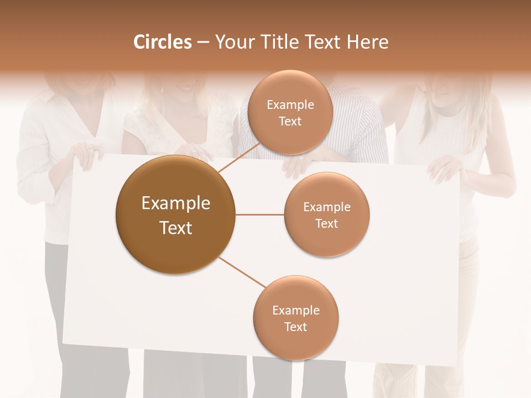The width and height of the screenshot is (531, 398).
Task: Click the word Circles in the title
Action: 162,42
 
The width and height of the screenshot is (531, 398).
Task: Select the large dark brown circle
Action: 175,214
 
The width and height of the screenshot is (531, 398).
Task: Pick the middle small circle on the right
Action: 326,214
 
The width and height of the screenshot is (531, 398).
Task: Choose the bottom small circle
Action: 295,318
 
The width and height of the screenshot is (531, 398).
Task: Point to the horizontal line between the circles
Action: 259,214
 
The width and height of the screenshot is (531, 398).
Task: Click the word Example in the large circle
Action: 175,203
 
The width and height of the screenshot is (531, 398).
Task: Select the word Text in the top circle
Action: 290,122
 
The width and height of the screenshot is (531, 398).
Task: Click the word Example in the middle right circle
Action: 326,207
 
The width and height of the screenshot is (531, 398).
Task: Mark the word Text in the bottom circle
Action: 295,327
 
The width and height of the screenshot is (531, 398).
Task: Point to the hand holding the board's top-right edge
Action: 445,166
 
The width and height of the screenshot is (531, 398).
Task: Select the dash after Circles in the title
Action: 202,43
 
